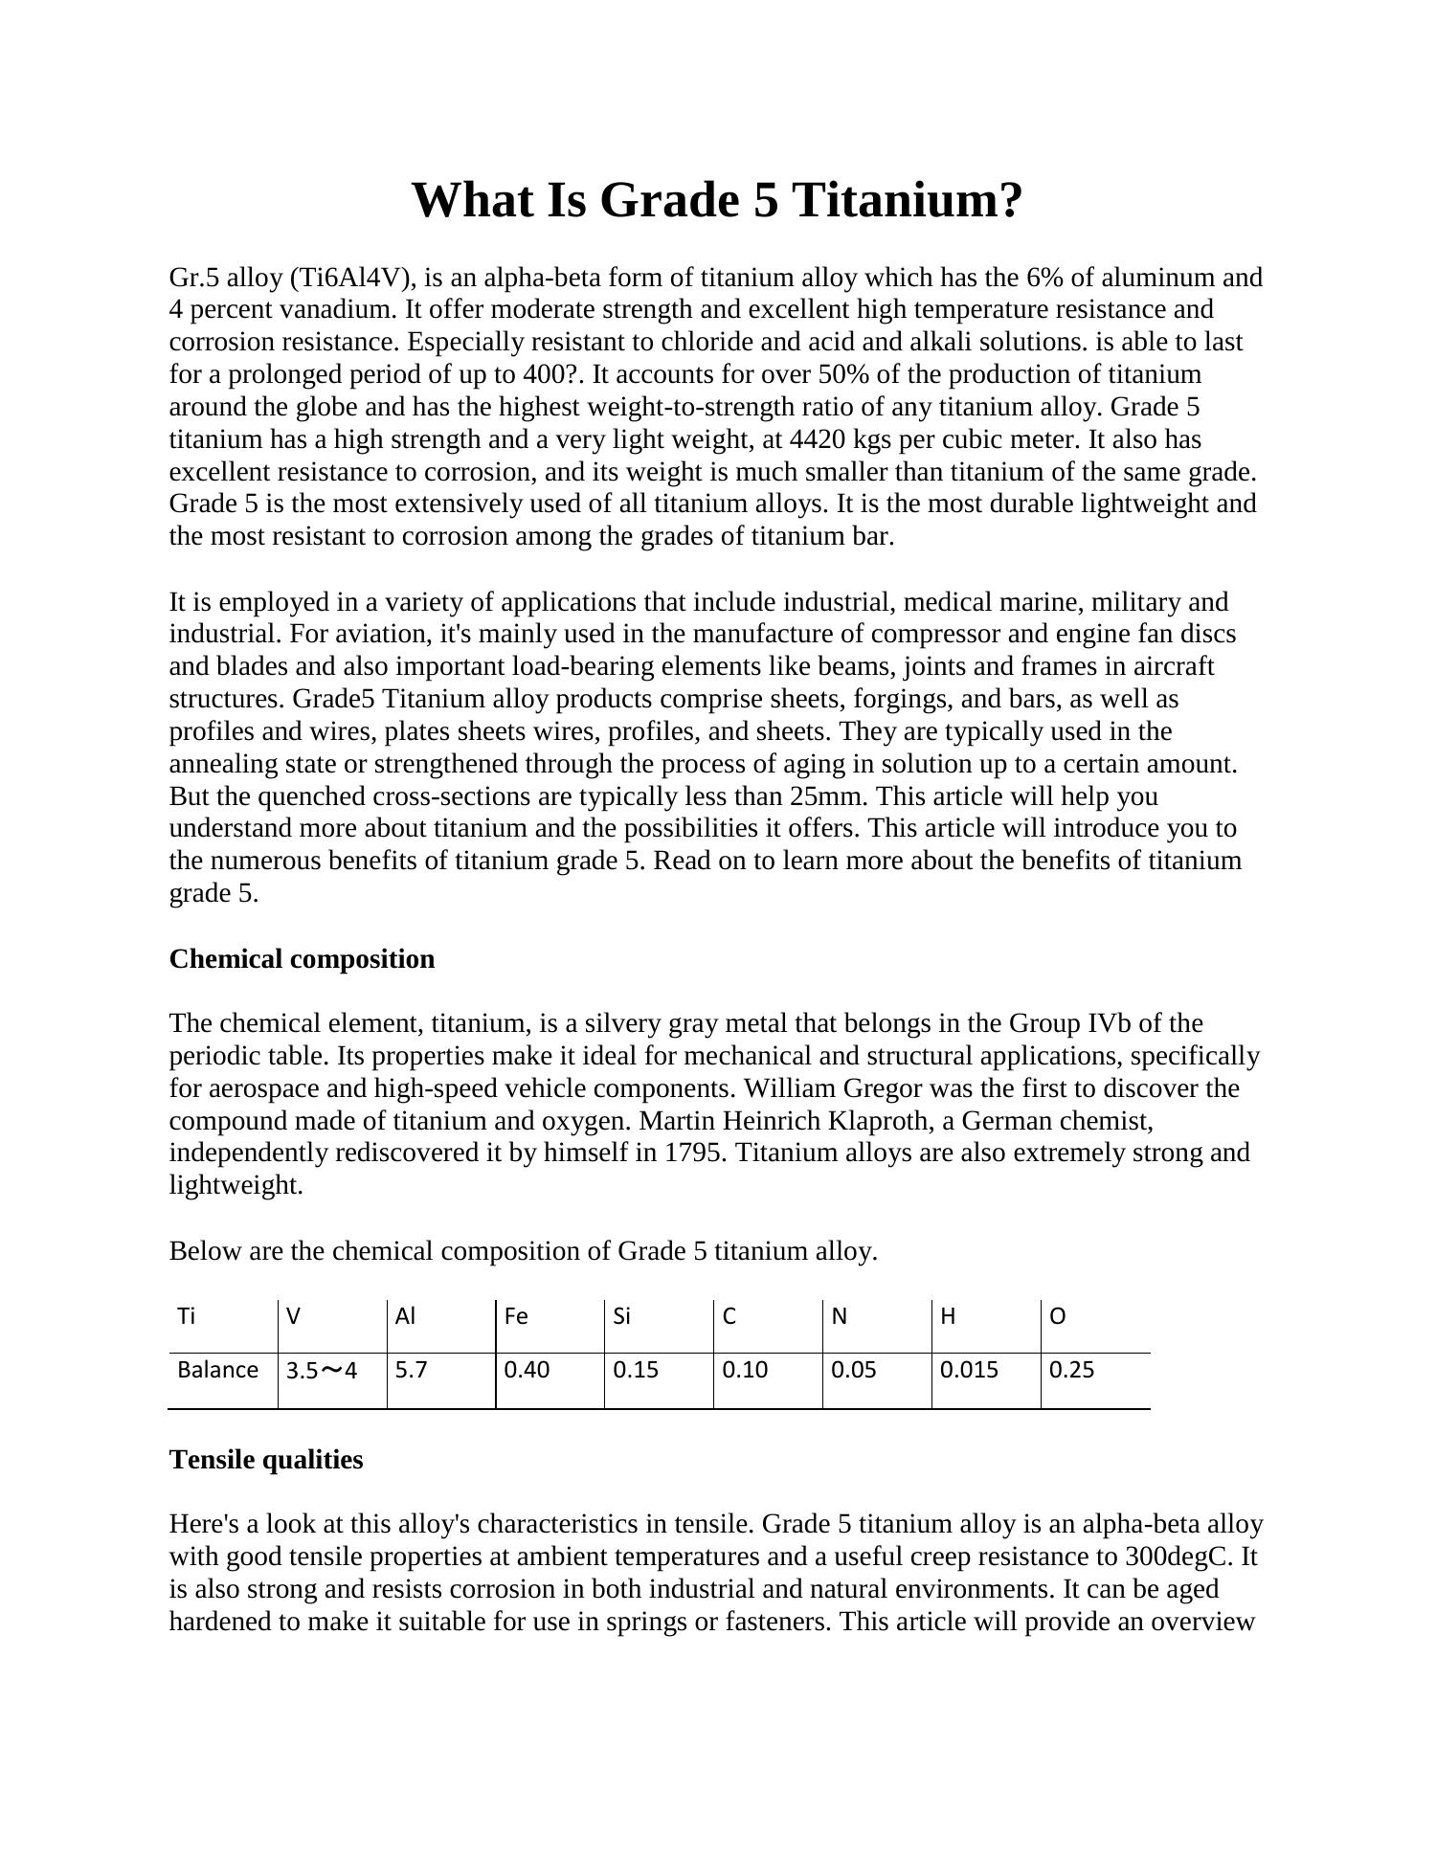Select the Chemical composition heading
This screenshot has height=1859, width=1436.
(302, 959)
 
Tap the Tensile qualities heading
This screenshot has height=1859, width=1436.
(266, 1460)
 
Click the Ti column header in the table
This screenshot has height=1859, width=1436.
(187, 1316)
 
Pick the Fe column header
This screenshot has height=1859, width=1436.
(516, 1316)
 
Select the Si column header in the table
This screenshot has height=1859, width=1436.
(622, 1316)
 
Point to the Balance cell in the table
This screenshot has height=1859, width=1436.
(218, 1370)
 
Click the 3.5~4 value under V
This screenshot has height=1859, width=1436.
(322, 1371)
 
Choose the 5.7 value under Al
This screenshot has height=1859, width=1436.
(412, 1370)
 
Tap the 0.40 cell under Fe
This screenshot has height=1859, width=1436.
(527, 1370)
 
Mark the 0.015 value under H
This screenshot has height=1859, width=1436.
(969, 1370)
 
